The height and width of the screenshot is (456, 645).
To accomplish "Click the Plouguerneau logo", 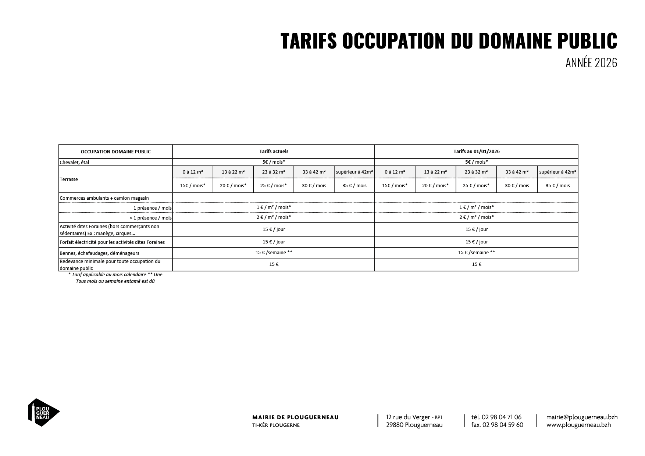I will pyautogui.click(x=43, y=412).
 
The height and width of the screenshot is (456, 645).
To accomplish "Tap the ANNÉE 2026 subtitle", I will pyautogui.click(x=591, y=63).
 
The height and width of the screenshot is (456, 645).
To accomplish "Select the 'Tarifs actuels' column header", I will pyautogui.click(x=274, y=151).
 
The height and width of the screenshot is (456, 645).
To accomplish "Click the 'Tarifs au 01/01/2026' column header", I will pyautogui.click(x=476, y=151).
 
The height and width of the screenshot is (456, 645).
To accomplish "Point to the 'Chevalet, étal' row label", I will pyautogui.click(x=74, y=162).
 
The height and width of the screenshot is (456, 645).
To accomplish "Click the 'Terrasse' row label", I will pyautogui.click(x=69, y=179).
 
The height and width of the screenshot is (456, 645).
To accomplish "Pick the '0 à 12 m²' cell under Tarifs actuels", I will pyautogui.click(x=193, y=172).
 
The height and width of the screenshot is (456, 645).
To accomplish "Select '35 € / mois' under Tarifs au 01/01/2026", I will pyautogui.click(x=557, y=185).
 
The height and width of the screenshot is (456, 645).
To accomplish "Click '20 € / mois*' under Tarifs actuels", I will pyautogui.click(x=233, y=185).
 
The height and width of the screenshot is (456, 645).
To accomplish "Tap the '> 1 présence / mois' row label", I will pyautogui.click(x=150, y=218).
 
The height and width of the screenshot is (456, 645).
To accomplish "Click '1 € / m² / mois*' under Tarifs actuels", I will pyautogui.click(x=274, y=207).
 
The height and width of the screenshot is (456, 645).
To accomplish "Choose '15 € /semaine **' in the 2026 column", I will pyautogui.click(x=476, y=253).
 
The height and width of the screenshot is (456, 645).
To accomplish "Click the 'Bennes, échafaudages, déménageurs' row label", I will pyautogui.click(x=99, y=253).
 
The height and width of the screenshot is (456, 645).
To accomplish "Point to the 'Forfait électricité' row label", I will pyautogui.click(x=112, y=242).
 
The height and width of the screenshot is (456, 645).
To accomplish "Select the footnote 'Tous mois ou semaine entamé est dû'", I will pyautogui.click(x=115, y=281).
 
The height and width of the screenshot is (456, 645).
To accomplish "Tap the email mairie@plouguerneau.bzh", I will pyautogui.click(x=582, y=417).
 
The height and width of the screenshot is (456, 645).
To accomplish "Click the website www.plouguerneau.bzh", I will pyautogui.click(x=578, y=425).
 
